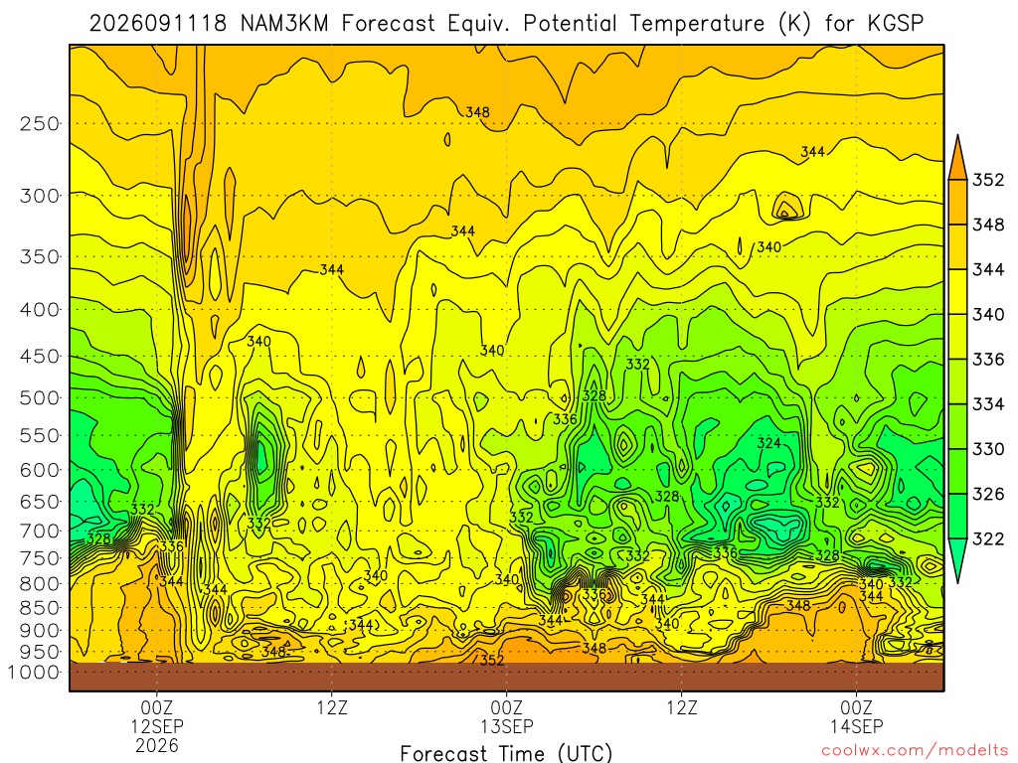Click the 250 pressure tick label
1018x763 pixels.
(40, 123)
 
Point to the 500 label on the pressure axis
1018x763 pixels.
(40, 397)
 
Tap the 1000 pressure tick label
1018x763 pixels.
(35, 673)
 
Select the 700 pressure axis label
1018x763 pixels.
(40, 531)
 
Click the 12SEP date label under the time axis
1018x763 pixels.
(157, 726)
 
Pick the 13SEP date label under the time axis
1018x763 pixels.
(507, 726)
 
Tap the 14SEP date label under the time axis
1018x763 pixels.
(857, 726)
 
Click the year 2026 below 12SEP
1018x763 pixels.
(157, 745)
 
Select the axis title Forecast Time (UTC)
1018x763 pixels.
(506, 753)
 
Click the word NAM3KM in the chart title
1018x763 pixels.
(284, 24)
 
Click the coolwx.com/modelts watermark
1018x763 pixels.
(915, 751)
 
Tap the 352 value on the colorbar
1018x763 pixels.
(988, 180)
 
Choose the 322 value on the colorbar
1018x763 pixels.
(988, 539)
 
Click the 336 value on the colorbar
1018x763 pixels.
(988, 360)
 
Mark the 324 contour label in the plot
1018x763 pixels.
(769, 444)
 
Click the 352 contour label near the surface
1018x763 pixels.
(491, 661)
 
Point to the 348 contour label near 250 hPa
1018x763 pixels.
(477, 112)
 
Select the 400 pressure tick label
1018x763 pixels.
(40, 310)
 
